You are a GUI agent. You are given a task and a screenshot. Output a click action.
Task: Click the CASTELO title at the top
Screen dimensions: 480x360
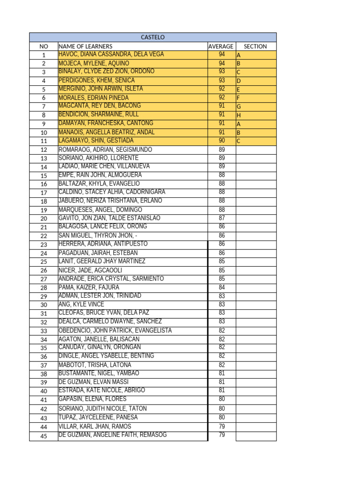(153, 37)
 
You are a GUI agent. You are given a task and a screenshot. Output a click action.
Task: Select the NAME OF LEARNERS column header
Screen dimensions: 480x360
(85, 46)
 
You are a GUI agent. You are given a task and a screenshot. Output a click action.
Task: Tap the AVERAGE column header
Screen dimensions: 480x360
(221, 46)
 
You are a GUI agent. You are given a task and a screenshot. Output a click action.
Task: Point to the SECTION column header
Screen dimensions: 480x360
(255, 46)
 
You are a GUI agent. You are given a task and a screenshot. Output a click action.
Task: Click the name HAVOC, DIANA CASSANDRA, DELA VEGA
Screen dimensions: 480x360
(111, 54)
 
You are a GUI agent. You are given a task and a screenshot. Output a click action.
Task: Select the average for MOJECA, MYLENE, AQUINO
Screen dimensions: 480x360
(222, 63)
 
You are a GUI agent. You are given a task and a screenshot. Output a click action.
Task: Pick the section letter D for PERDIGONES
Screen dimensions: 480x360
(239, 81)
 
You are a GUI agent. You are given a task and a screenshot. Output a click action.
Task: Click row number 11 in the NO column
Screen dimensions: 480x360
(44, 141)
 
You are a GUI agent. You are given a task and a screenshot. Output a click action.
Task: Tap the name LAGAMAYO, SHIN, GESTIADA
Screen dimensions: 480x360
(96, 141)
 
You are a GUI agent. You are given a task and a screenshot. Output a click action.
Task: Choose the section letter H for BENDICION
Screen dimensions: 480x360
(239, 115)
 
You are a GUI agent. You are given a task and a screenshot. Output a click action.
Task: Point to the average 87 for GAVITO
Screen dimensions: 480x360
(222, 218)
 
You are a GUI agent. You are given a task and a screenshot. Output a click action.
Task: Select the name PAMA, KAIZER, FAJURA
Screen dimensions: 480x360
(89, 287)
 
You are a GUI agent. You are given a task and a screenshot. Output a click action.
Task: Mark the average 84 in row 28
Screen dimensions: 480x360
(222, 287)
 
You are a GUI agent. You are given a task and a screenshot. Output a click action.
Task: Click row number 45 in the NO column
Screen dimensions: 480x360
(44, 436)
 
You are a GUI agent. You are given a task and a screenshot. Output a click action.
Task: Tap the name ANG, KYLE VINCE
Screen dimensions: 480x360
(82, 304)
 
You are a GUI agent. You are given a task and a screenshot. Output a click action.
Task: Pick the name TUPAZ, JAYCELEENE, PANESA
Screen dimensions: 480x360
(98, 417)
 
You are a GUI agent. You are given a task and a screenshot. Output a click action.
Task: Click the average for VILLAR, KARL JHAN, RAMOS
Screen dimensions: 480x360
(222, 426)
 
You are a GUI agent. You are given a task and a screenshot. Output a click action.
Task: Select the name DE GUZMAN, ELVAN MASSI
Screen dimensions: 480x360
(93, 382)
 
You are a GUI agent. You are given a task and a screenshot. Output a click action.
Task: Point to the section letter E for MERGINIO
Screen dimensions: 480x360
(239, 90)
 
